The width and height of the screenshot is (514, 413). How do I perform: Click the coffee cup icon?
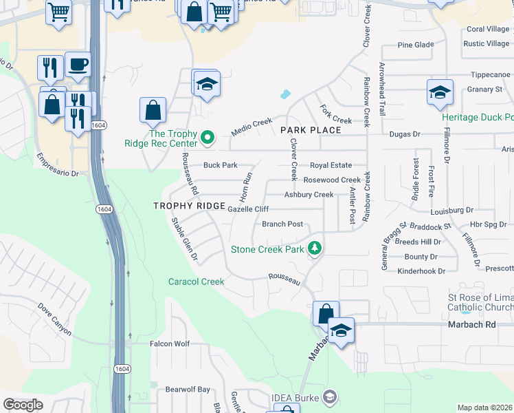click(x=78, y=65)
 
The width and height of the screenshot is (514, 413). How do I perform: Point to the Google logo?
click(x=23, y=405)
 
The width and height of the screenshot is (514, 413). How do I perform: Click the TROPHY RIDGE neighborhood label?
click(x=189, y=206)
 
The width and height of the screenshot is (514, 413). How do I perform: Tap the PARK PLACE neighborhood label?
click(x=311, y=129)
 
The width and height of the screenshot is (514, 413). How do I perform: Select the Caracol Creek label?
click(x=197, y=282)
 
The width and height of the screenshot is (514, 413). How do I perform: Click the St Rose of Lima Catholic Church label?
click(x=480, y=302)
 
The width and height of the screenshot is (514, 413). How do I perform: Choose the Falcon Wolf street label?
click(x=169, y=343)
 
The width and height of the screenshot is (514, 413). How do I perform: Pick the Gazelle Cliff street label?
click(x=247, y=209)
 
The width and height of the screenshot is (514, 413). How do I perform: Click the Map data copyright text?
click(x=485, y=407)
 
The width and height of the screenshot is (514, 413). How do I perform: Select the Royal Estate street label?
click(x=331, y=165)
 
